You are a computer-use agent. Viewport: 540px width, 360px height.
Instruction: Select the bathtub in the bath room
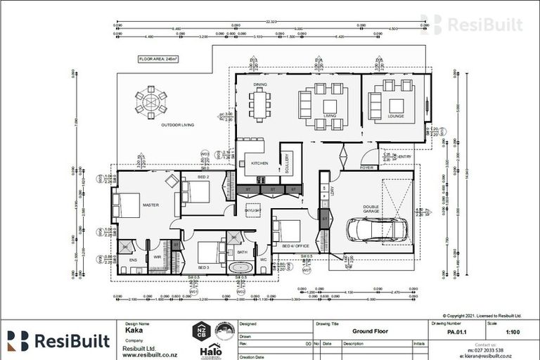pyautogui.click(x=241, y=268)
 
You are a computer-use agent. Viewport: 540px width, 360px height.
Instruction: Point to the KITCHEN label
pyautogui.click(x=250, y=163)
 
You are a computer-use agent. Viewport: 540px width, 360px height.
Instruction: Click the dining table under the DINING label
pyautogui.click(x=259, y=105)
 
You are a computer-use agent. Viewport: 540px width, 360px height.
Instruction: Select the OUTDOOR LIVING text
pyautogui.click(x=177, y=125)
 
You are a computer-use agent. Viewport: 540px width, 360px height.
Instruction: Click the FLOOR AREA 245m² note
pyautogui.click(x=157, y=60)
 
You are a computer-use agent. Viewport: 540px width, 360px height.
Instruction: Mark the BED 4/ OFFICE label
pyautogui.click(x=296, y=246)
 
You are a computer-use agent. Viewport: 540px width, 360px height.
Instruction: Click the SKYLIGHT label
pyautogui.click(x=252, y=210)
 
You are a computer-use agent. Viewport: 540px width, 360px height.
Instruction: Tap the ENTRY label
pyautogui.click(x=405, y=156)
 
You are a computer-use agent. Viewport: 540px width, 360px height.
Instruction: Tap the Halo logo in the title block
pyautogui.click(x=211, y=349)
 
